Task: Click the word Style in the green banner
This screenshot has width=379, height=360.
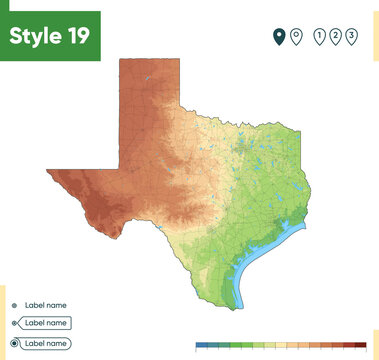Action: (x=37, y=35)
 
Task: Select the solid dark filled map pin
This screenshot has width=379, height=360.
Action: (x=279, y=37)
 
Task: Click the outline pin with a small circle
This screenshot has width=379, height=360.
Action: (x=296, y=37)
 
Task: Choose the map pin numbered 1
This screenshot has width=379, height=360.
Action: (x=319, y=37)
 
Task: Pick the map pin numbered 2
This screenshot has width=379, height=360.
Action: (x=336, y=37)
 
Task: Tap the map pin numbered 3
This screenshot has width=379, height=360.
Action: (x=352, y=37)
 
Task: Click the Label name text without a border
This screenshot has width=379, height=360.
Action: (x=46, y=305)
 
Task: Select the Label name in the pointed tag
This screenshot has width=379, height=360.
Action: (x=46, y=323)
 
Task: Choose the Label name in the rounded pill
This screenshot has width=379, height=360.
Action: (x=46, y=343)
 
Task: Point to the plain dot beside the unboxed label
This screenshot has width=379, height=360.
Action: (x=14, y=305)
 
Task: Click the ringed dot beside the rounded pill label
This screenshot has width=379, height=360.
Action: (x=14, y=343)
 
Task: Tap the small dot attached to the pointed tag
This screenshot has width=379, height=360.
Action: (x=14, y=324)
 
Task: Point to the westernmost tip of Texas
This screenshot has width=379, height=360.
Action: (x=47, y=171)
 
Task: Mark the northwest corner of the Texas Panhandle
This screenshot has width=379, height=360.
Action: (x=120, y=60)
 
